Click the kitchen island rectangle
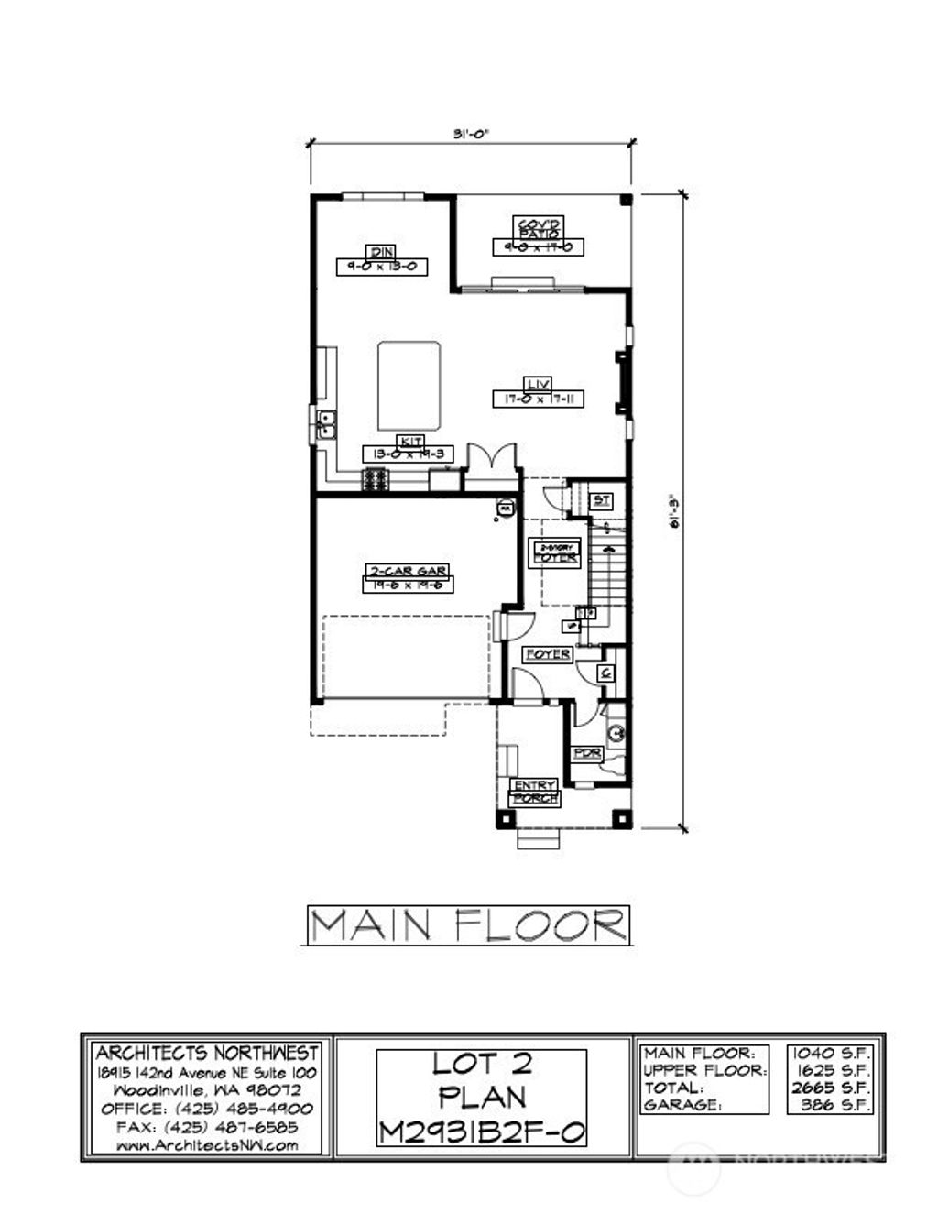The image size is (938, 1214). (409, 386)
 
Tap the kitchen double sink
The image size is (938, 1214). (326, 423)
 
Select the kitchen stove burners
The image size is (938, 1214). (375, 479)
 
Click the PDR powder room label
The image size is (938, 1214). (586, 753)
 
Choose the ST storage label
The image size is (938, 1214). (601, 500)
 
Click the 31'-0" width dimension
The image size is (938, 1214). (471, 134)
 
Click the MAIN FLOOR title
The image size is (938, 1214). (468, 925)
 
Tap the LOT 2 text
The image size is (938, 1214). (482, 1065)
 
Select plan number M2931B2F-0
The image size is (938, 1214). (482, 1132)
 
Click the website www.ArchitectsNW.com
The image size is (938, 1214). (207, 1145)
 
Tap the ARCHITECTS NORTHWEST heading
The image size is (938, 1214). (207, 1053)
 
